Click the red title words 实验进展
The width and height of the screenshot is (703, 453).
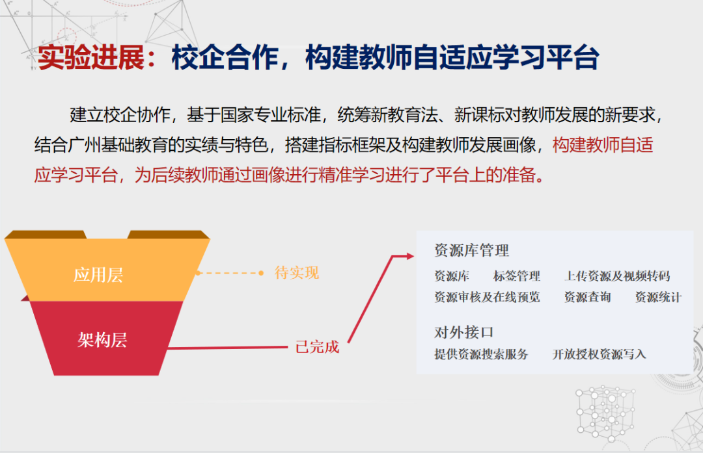point(91,58)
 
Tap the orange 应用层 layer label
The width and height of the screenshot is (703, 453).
point(98,274)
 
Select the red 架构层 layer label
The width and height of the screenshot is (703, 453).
point(102,339)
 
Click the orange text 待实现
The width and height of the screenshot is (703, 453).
point(297,273)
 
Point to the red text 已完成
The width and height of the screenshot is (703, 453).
point(317,347)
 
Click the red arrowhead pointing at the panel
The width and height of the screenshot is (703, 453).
point(409,256)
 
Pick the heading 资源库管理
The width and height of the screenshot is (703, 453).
point(471,250)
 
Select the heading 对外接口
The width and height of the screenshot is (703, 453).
point(463,332)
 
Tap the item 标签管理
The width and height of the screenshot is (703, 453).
point(517,276)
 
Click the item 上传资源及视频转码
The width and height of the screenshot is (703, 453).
point(616,276)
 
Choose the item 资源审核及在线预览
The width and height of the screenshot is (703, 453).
point(487,298)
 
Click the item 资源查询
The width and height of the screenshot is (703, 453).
point(587,298)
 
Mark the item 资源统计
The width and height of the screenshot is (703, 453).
point(658,298)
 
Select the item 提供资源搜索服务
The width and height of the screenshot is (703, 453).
point(481,354)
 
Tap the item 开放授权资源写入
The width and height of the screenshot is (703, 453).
point(599,354)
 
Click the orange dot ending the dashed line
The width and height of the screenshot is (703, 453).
point(261,273)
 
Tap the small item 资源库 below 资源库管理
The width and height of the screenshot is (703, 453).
point(452,276)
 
